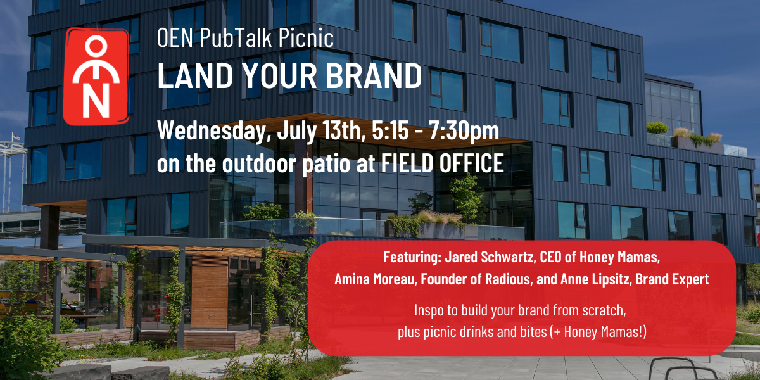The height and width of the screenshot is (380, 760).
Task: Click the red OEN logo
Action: (x=96, y=77)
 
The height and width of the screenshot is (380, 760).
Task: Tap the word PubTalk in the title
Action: (x=236, y=37)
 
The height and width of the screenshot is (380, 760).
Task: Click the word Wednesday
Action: (x=211, y=131)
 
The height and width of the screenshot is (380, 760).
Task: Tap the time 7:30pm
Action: (x=464, y=131)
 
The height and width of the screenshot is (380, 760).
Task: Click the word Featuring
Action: (x=412, y=257)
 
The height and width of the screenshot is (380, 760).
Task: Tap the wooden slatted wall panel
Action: (x=210, y=292)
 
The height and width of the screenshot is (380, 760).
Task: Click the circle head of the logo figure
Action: (x=96, y=46)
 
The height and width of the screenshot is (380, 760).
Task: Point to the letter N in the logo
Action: (x=96, y=101)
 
